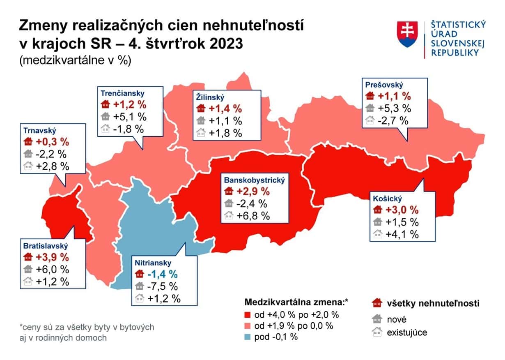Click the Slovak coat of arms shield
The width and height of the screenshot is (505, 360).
tap(407, 34)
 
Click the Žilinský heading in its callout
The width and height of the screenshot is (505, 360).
tap(209, 98)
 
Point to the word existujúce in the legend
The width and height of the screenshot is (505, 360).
tap(407, 332)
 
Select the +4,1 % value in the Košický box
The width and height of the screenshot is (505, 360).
tap(402, 234)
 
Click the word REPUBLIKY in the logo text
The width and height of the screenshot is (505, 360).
tap(454, 53)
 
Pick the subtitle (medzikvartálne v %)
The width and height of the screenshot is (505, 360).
tap(74, 60)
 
